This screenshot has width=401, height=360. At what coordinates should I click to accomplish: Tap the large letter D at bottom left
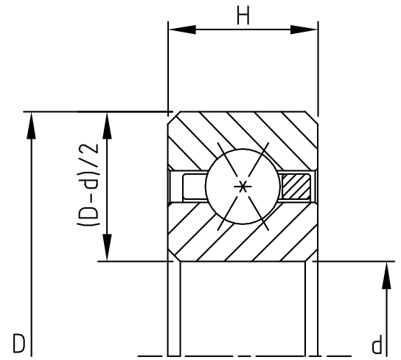point(20,343)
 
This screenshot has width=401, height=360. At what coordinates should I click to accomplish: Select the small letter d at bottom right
point(377,345)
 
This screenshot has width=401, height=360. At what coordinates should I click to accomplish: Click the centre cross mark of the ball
point(242,187)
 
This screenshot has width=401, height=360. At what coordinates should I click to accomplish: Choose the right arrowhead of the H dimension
point(305,30)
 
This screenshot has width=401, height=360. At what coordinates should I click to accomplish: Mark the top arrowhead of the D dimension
point(30,125)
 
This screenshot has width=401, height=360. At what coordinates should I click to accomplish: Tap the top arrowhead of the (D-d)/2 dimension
point(108,125)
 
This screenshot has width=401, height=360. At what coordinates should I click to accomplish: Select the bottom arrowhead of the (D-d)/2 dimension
point(108,247)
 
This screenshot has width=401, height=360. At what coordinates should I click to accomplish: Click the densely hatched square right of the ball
point(296,186)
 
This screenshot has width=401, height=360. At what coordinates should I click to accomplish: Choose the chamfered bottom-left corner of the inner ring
point(172,256)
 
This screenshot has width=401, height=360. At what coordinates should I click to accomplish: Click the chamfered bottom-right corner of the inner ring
point(312,256)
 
